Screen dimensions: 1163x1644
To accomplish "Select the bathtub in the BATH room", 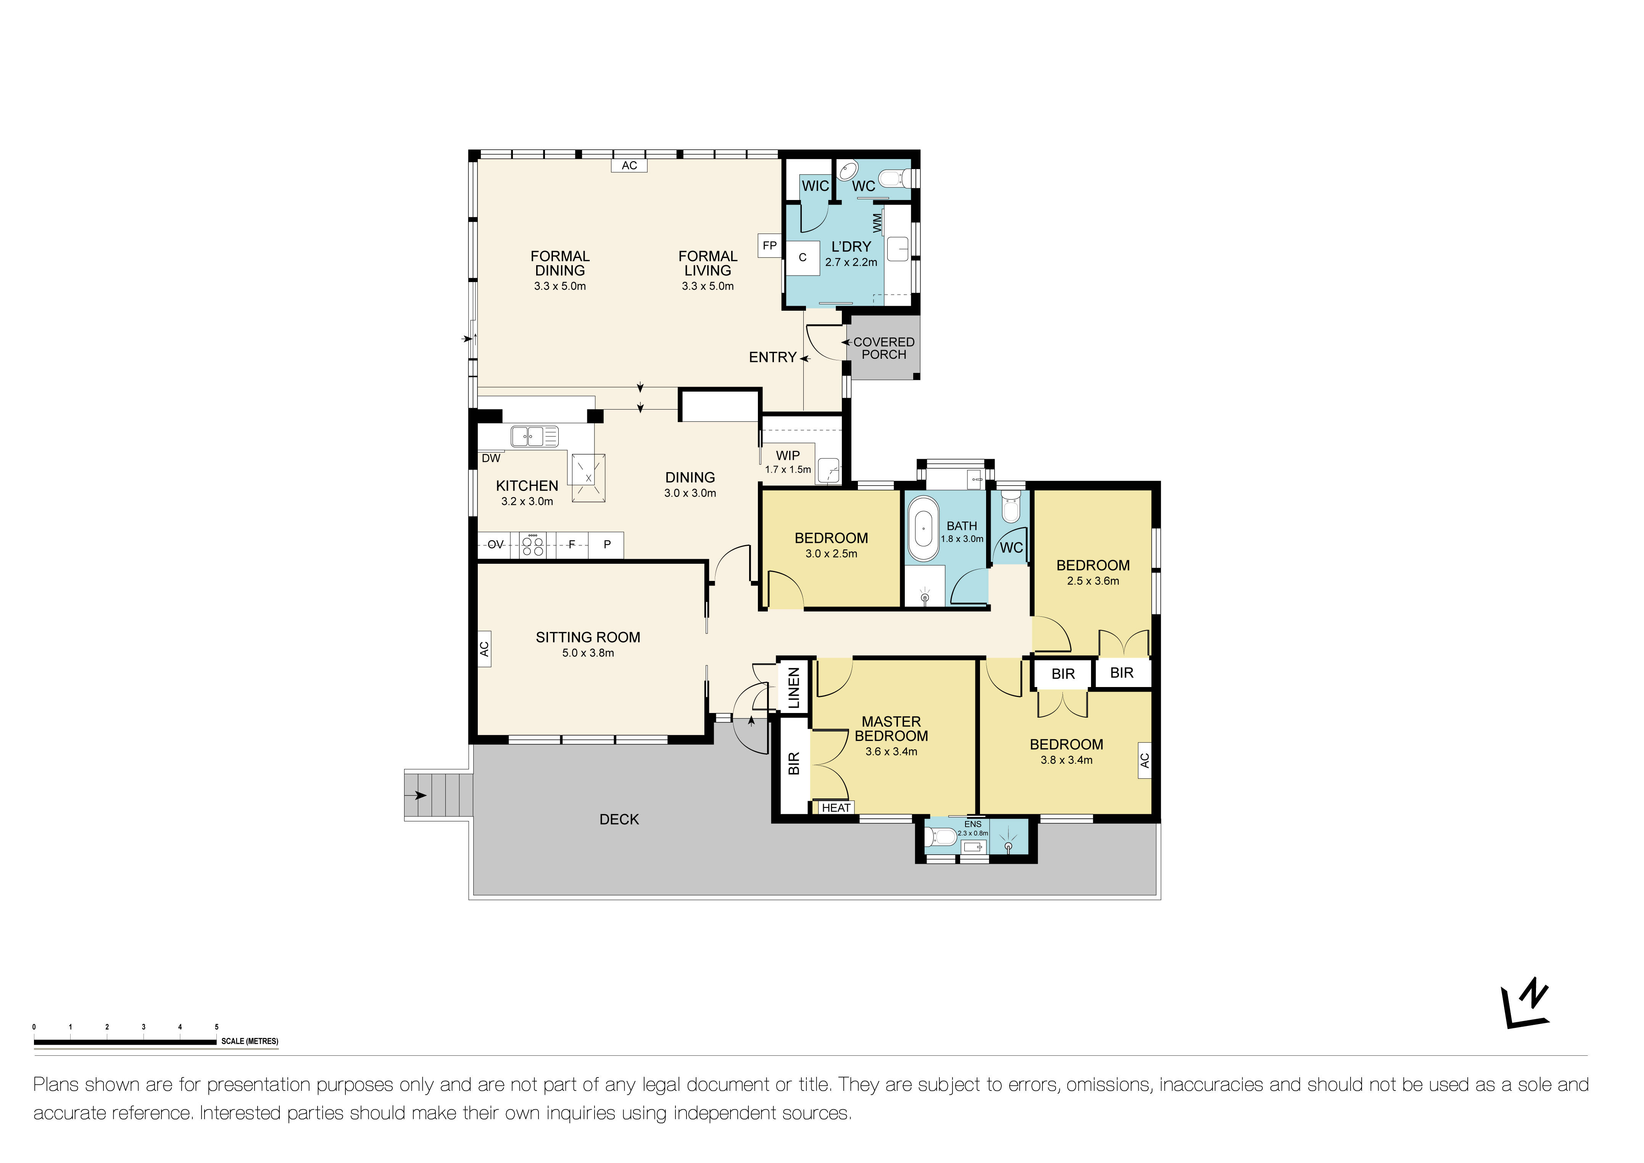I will coord(923,529).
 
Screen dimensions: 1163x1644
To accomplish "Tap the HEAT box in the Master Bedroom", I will coord(836,808).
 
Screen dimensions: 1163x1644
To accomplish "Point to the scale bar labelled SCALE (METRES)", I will coord(125,1042).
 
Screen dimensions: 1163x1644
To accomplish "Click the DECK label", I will coord(619,819).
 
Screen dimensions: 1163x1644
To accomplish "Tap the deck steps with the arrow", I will coord(437,795).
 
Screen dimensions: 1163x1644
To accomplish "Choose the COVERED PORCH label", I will coord(883,348).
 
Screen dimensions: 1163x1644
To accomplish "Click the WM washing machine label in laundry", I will coord(877,223).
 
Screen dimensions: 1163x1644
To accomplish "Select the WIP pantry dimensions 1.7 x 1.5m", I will coord(788,470).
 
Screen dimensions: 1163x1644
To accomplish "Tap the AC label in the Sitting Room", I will coord(484,649).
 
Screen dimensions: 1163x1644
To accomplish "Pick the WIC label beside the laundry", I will coord(815,186).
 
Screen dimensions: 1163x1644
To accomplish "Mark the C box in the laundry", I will coord(803,258).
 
